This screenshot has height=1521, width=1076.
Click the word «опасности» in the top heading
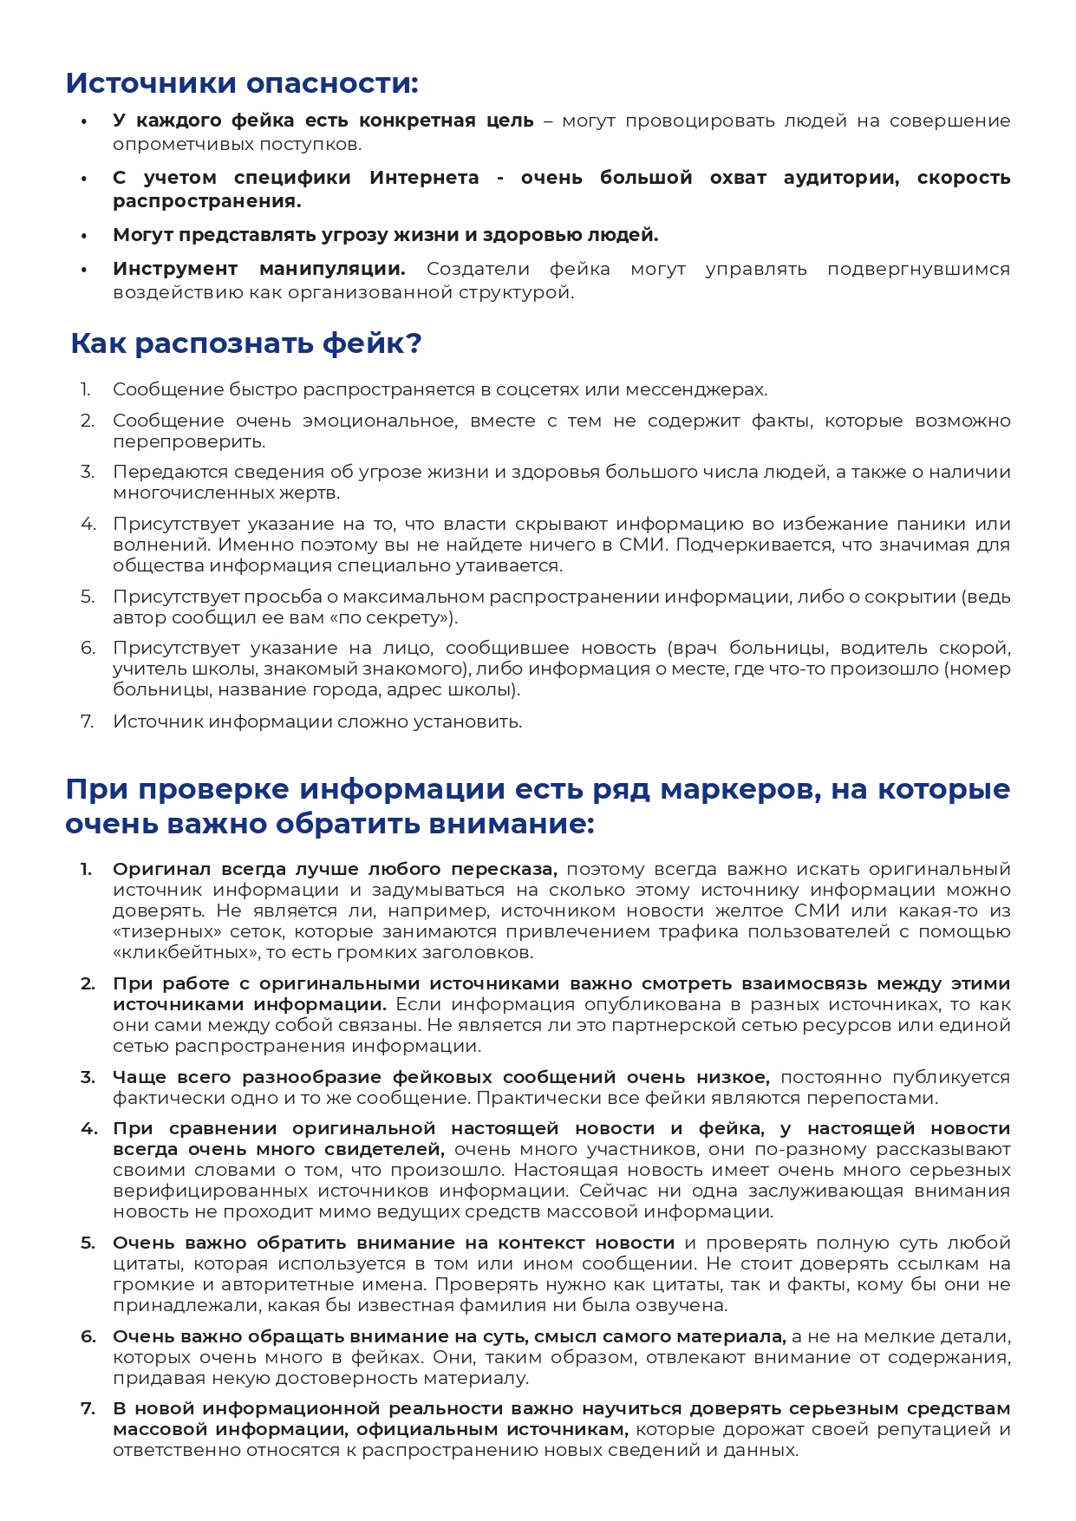pyautogui.click(x=332, y=83)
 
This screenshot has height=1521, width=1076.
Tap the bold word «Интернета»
pyautogui.click(x=424, y=178)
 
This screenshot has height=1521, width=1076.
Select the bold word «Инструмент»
pyautogui.click(x=175, y=269)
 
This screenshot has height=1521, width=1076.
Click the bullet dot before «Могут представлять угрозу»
pyautogui.click(x=84, y=236)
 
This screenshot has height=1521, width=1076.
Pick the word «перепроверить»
pyautogui.click(x=188, y=441)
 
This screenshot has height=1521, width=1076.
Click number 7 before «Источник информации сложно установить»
pyautogui.click(x=87, y=721)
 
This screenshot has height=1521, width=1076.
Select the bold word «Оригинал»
pyautogui.click(x=162, y=869)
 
